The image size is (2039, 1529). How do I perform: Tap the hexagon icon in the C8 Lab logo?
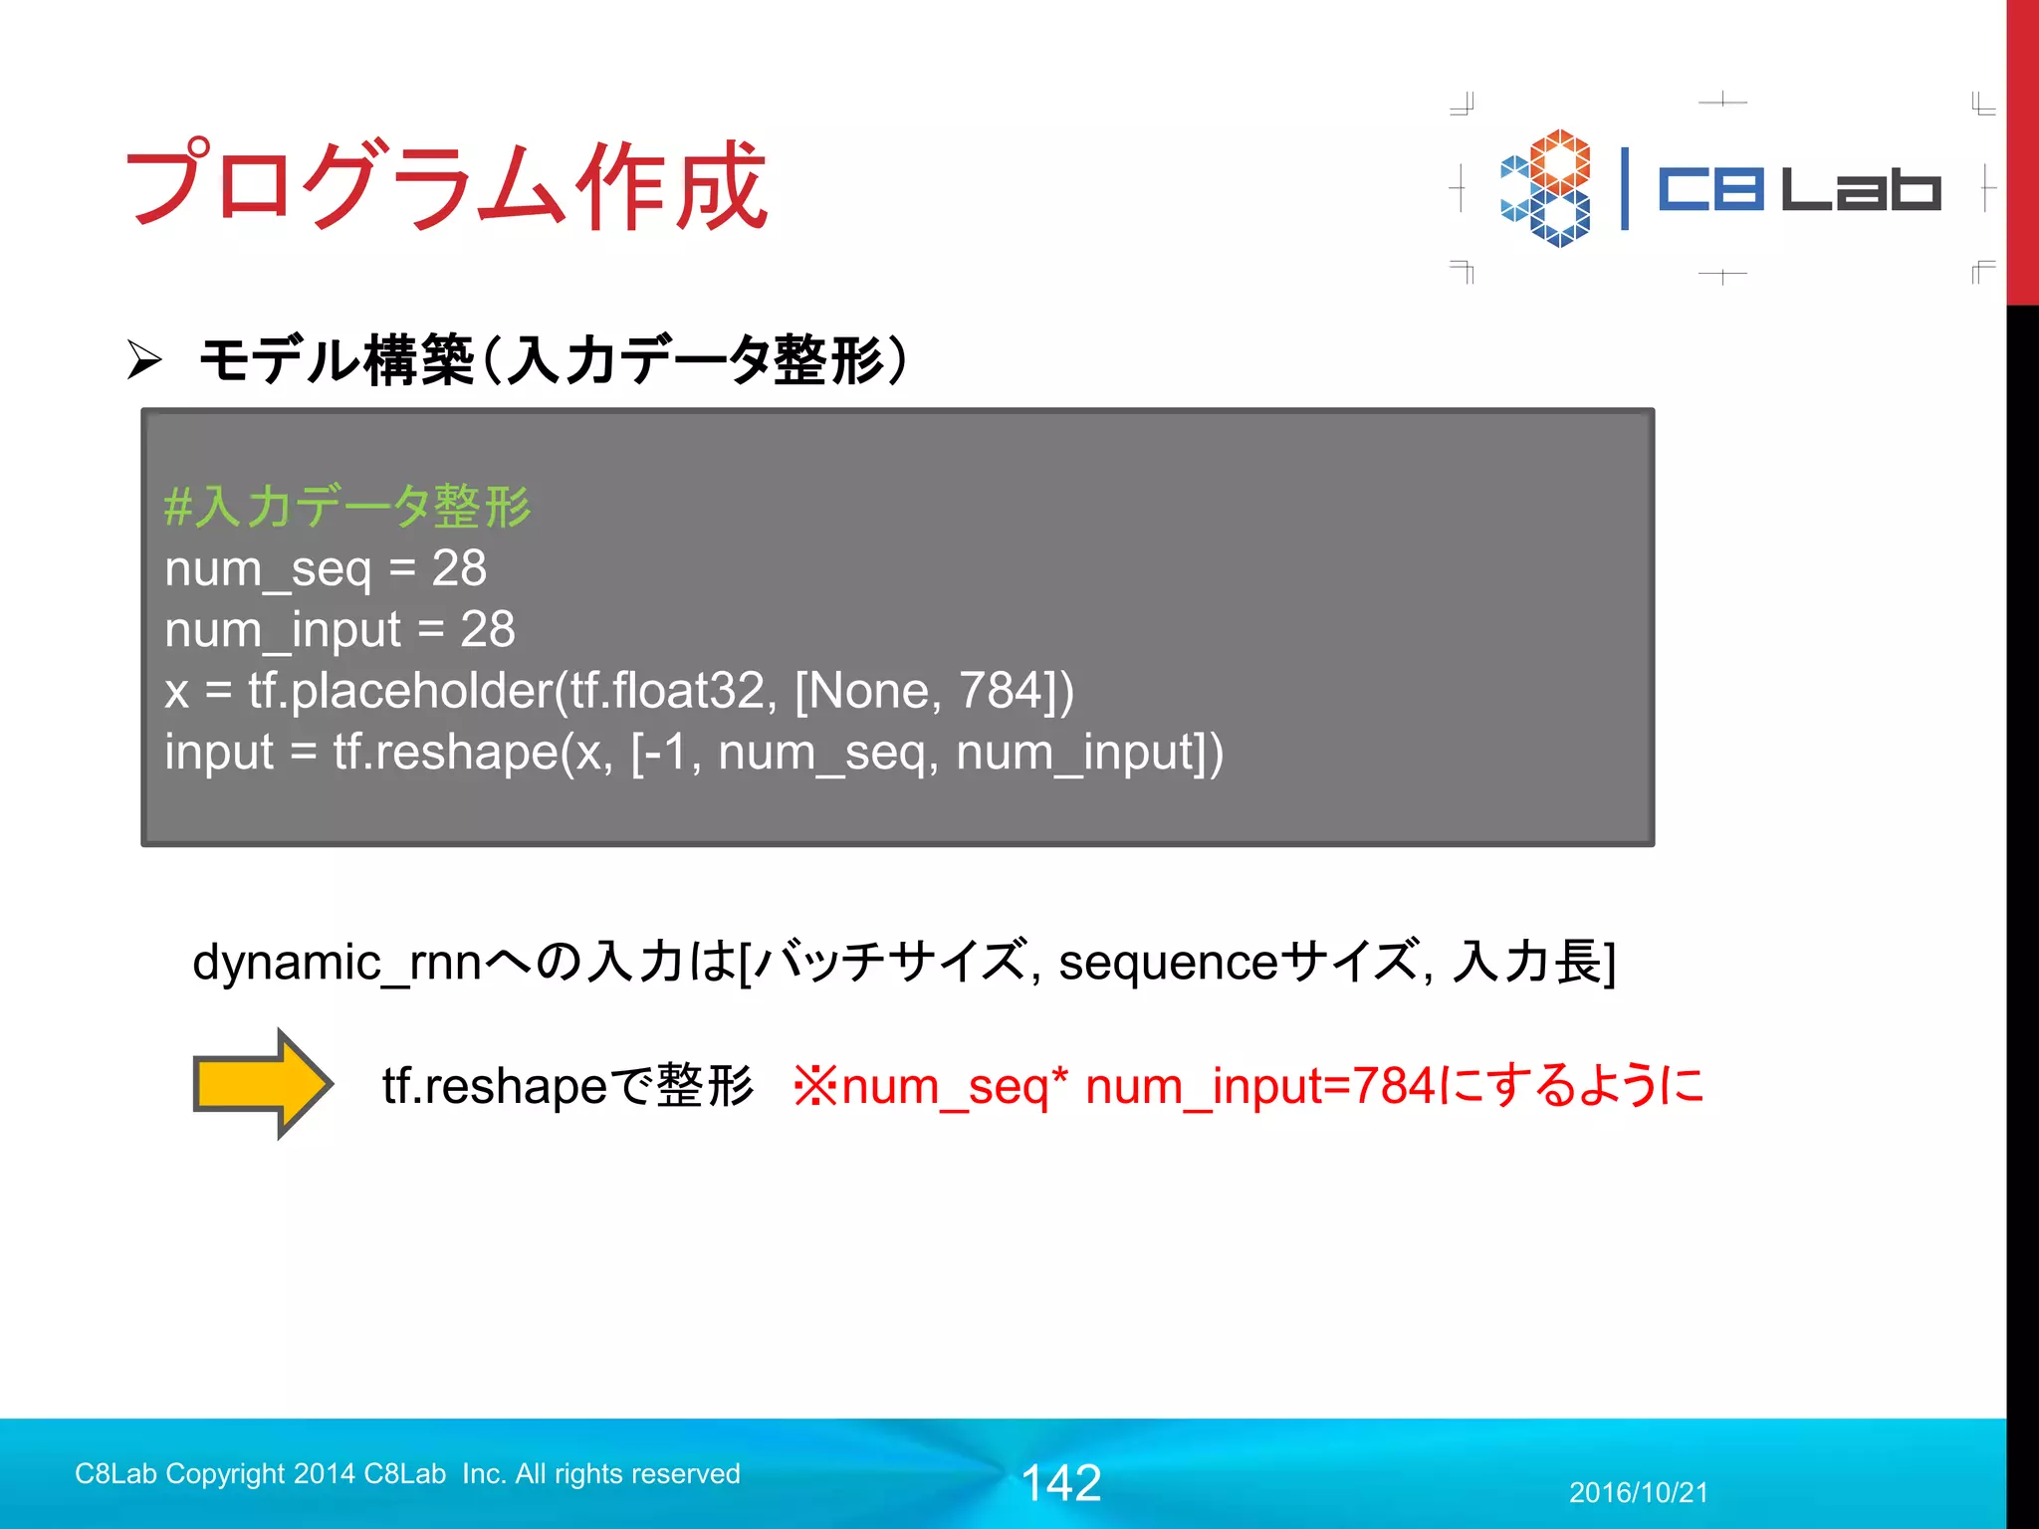point(1546,187)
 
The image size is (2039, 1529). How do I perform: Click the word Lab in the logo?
point(1860,189)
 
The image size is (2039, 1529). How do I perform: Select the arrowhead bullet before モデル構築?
point(144,359)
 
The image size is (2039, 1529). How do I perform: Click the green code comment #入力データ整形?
point(347,506)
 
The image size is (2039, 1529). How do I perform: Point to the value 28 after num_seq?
point(459,568)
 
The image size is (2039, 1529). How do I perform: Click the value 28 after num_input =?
point(488,629)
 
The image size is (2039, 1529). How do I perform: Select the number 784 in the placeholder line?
point(999,690)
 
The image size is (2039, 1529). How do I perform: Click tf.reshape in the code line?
point(444,752)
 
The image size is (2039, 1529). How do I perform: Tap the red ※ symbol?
point(815,1085)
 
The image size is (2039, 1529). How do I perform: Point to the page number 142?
point(1061,1482)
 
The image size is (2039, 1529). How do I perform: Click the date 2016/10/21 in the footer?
point(1638,1492)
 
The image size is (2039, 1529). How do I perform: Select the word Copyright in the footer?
point(226,1473)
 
